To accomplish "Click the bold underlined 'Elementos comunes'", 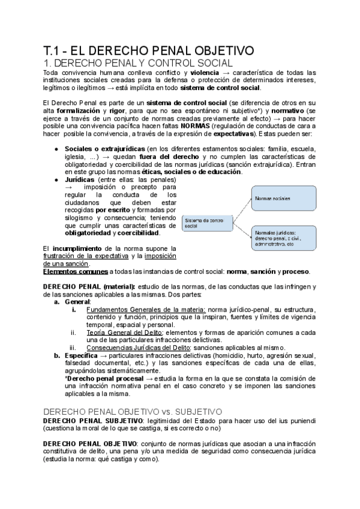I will (x=73, y=271).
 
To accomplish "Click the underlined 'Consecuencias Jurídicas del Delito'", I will (x=137, y=348).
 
